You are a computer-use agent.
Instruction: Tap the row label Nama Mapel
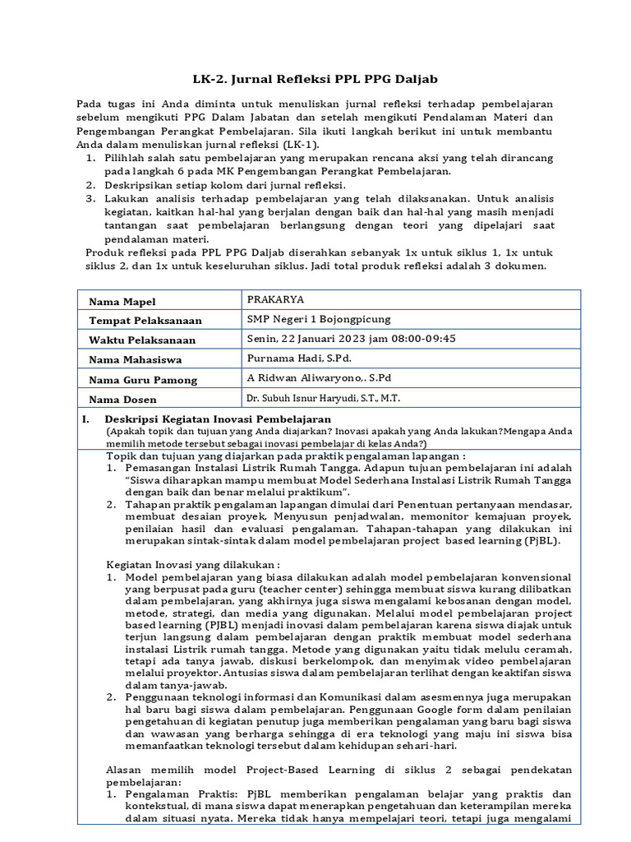coord(122,303)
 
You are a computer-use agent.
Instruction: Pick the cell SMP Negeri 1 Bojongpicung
coord(320,319)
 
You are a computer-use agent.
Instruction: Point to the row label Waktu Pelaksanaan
coord(141,340)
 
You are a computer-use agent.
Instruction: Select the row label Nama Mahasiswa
coord(135,360)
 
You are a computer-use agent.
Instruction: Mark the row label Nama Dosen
coord(122,400)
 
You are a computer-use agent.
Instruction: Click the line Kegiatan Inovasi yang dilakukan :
coord(194,565)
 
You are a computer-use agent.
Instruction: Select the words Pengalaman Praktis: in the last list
coord(169,796)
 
